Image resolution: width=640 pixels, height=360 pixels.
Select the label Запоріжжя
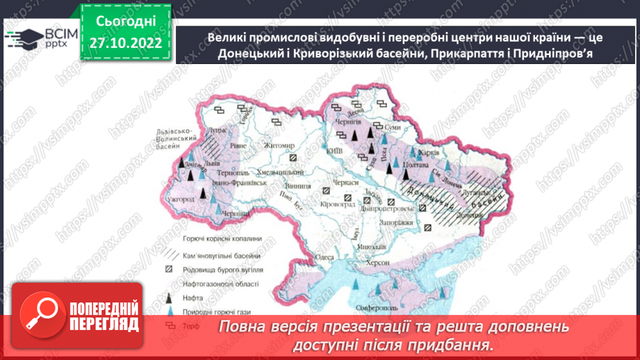coord(398,222)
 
